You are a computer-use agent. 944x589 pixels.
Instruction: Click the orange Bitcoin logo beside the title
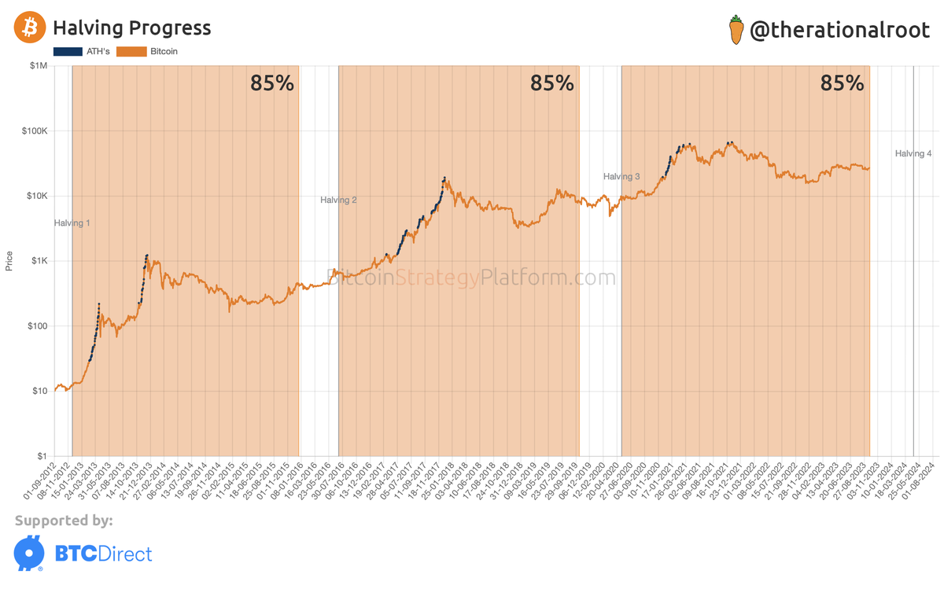pyautogui.click(x=30, y=28)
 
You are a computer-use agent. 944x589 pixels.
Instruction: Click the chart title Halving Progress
pyautogui.click(x=131, y=28)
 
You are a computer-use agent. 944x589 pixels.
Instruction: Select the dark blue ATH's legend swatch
pyautogui.click(x=68, y=52)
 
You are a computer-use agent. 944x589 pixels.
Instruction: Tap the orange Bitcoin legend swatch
pyautogui.click(x=131, y=52)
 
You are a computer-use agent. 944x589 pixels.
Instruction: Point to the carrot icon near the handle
pyautogui.click(x=736, y=30)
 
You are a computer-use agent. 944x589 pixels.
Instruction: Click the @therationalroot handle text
pyautogui.click(x=840, y=31)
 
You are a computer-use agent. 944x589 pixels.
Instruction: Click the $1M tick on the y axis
pyautogui.click(x=38, y=66)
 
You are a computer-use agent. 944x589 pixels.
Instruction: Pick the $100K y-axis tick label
pyautogui.click(x=35, y=131)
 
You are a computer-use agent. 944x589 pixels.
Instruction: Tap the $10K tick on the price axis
pyautogui.click(x=36, y=196)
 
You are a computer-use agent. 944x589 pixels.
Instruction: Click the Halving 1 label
pyautogui.click(x=72, y=223)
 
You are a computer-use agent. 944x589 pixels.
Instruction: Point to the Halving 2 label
pyautogui.click(x=338, y=201)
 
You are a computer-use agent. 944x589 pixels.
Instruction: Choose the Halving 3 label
pyautogui.click(x=621, y=177)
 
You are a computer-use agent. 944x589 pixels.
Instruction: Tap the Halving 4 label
pyautogui.click(x=913, y=154)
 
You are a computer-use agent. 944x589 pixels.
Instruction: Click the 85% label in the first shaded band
pyautogui.click(x=272, y=83)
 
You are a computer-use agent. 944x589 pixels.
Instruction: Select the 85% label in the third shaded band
pyautogui.click(x=842, y=83)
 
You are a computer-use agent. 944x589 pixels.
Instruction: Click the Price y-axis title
pyautogui.click(x=9, y=261)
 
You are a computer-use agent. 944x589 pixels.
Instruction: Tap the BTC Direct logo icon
pyautogui.click(x=29, y=553)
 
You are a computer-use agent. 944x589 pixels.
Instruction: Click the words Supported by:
pyautogui.click(x=64, y=521)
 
